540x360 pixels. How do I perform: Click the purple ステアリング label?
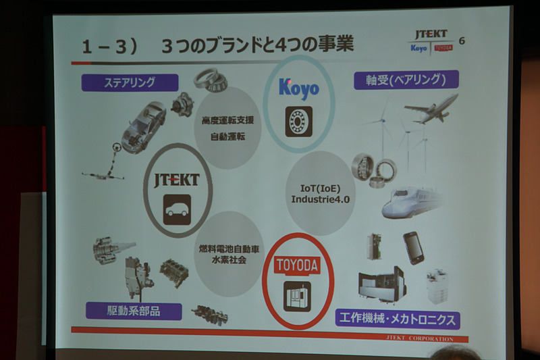click(130, 82)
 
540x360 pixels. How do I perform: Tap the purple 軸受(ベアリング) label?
click(406, 80)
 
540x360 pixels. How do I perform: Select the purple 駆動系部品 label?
click(134, 311)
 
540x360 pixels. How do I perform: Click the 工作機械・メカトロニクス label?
click(398, 319)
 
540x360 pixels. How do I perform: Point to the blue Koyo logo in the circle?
click(298, 89)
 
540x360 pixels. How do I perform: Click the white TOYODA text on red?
click(297, 265)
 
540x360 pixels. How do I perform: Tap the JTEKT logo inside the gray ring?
click(177, 180)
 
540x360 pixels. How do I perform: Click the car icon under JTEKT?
click(177, 210)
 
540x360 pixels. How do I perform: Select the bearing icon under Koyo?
click(298, 122)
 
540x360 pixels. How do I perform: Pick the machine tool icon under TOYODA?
click(297, 297)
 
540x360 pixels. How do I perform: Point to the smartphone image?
click(413, 248)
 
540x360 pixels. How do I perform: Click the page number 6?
click(462, 41)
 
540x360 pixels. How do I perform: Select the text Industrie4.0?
click(320, 199)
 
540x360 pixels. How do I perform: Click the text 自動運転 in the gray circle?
click(227, 136)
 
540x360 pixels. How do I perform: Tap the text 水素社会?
click(229, 259)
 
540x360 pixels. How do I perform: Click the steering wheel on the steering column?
click(116, 147)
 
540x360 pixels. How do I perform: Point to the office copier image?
click(437, 287)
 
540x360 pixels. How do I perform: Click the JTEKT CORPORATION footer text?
click(420, 338)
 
